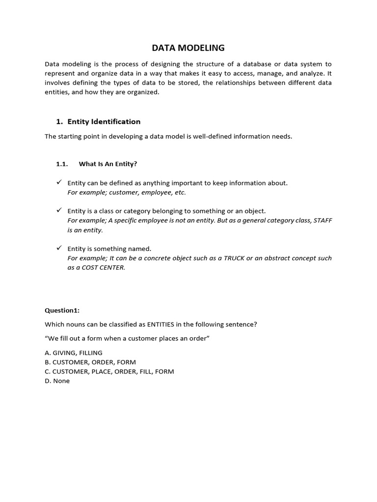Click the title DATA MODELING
(188, 48)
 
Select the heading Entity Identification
(104, 122)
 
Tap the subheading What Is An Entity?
(108, 164)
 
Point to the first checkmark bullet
(58, 182)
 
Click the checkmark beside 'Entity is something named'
(58, 248)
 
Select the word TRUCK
(234, 258)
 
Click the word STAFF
(322, 221)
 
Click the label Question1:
(62, 310)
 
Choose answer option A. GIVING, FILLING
(74, 352)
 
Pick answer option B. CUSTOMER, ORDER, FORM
(90, 362)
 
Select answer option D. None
(57, 380)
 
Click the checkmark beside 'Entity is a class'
(58, 210)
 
